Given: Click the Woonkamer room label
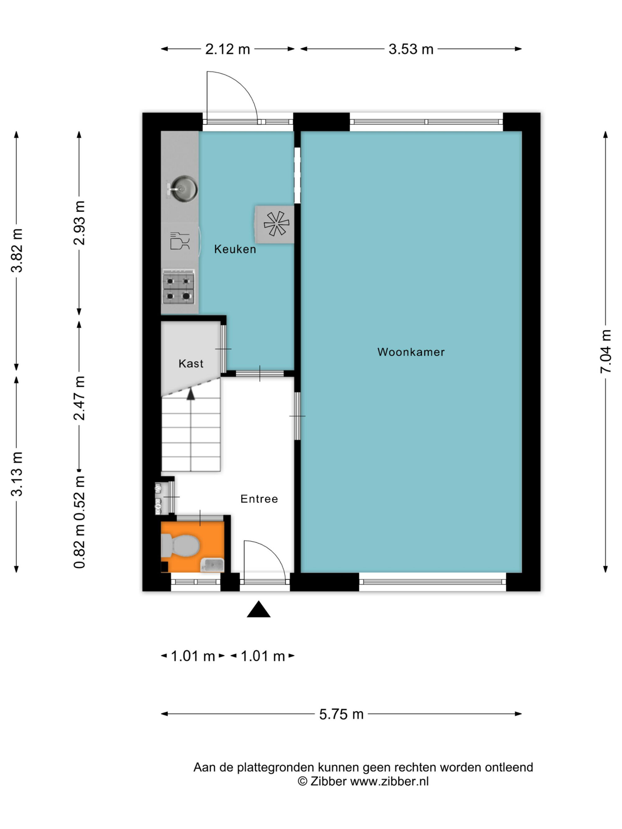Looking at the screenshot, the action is click(x=411, y=352).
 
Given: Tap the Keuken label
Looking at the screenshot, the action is click(x=235, y=249).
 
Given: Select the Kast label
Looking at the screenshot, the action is click(x=191, y=364).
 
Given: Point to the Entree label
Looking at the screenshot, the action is click(x=259, y=499).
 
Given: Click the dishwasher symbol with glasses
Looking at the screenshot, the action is click(x=179, y=241).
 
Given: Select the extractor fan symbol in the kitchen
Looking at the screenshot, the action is click(x=276, y=224).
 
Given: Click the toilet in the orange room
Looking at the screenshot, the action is click(x=180, y=545).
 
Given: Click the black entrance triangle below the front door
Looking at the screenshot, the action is click(x=259, y=609).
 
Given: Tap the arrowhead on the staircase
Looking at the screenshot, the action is click(x=191, y=394).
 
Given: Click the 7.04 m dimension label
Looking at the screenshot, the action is click(x=606, y=352).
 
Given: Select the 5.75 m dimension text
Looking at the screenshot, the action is click(x=341, y=714).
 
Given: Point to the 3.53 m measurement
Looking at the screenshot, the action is click(x=411, y=49).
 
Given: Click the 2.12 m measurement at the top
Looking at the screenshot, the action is click(x=228, y=49).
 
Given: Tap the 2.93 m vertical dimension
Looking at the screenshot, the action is click(x=79, y=223).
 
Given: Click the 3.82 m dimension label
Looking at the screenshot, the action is click(x=16, y=250).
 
